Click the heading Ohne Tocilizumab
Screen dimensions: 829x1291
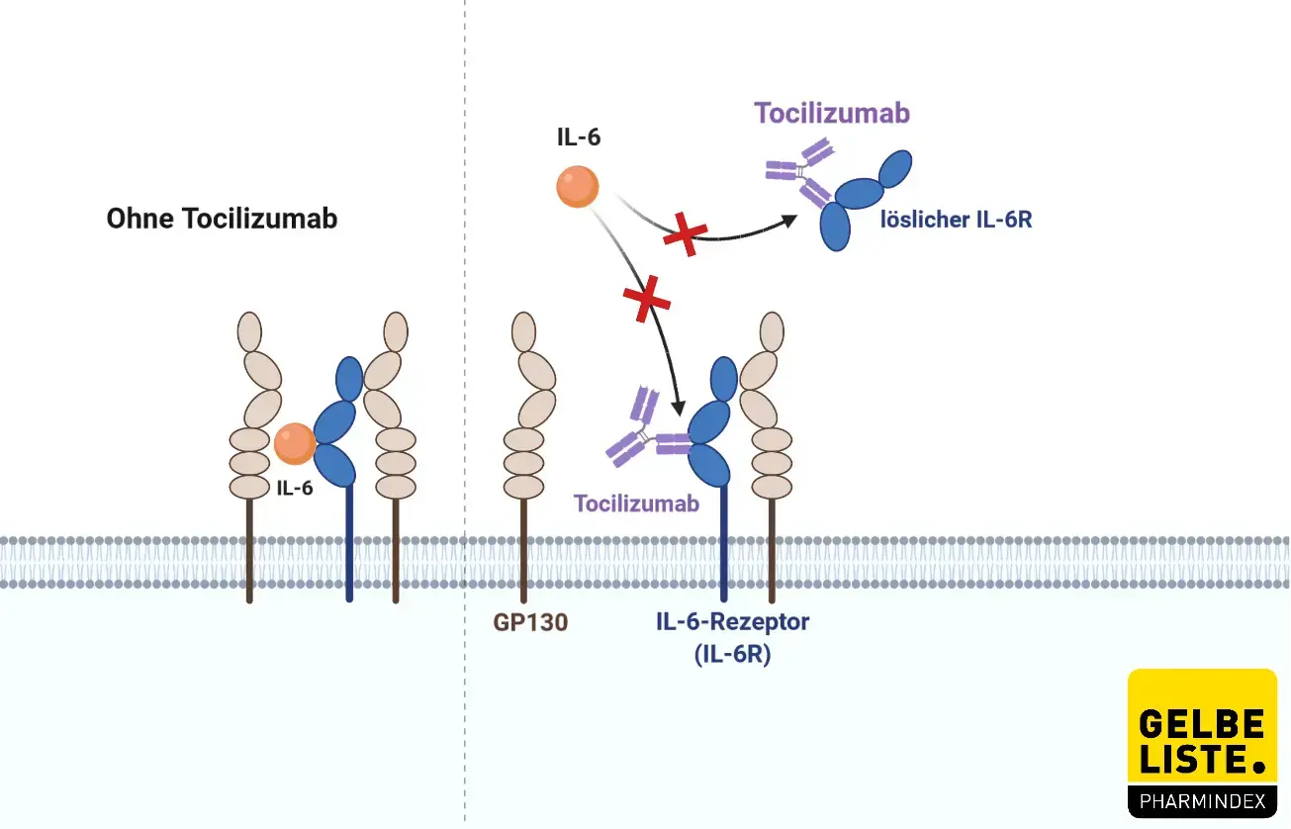(222, 218)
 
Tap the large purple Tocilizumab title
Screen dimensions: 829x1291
(832, 113)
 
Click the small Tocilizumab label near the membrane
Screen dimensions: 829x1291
(636, 504)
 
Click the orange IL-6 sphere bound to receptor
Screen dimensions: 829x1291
(295, 442)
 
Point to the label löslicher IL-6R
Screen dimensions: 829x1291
(956, 220)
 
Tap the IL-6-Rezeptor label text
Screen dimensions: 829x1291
(732, 622)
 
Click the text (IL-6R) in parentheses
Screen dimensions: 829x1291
(733, 654)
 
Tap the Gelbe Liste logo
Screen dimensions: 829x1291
(1202, 742)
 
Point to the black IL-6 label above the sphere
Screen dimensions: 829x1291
(578, 138)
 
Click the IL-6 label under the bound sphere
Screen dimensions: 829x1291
(295, 486)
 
